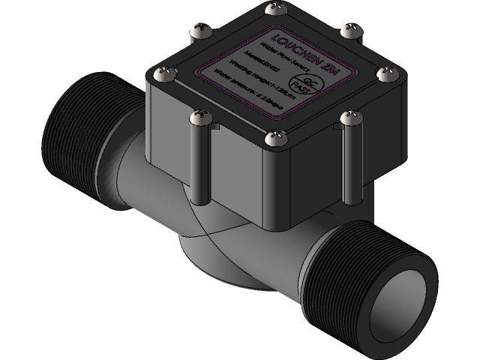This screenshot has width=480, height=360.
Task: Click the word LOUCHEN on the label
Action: tap(294, 47)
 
